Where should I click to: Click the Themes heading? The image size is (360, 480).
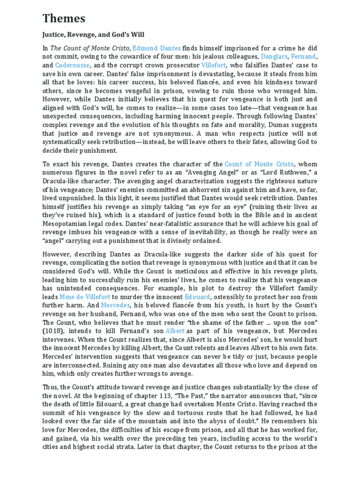click(64, 19)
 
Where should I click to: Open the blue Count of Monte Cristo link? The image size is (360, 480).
click(259, 164)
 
